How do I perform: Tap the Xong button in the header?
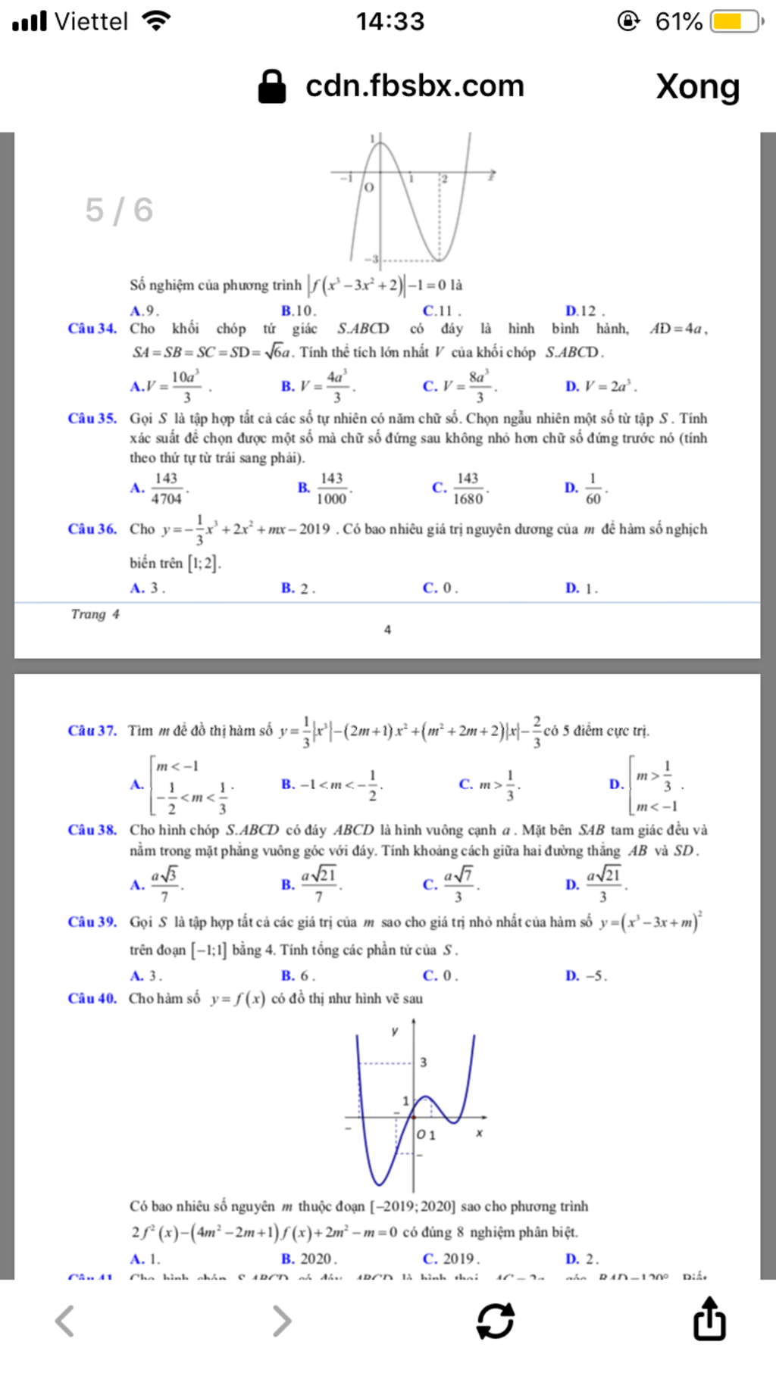(x=697, y=86)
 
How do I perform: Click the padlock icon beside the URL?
(x=272, y=86)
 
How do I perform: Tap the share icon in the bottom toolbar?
(x=709, y=1319)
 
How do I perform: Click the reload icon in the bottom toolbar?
(x=496, y=1320)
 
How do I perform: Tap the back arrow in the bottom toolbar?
(x=65, y=1321)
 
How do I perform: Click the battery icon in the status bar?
(x=736, y=21)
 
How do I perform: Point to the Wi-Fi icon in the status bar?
(x=156, y=20)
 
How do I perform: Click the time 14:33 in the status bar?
(x=390, y=21)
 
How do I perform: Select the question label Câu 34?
(x=92, y=329)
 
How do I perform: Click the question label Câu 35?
(x=92, y=418)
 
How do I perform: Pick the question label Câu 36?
(x=92, y=529)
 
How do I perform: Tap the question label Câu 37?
(x=92, y=731)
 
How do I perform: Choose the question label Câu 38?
(x=92, y=830)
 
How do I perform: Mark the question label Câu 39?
(x=92, y=922)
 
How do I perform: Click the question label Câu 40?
(x=92, y=998)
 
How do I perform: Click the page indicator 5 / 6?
(x=119, y=210)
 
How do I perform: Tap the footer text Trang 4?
(x=95, y=614)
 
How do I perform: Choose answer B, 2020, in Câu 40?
(x=309, y=1259)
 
